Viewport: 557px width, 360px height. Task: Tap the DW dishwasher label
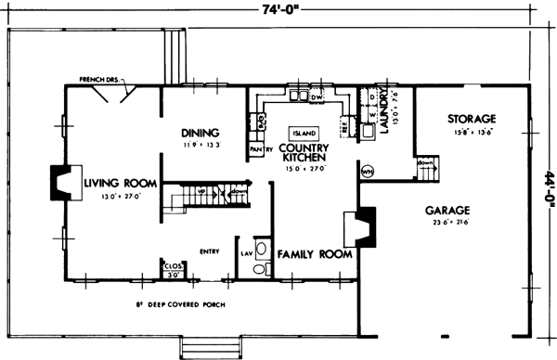315,96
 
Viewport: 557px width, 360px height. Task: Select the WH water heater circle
366,171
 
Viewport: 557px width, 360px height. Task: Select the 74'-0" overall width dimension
279,10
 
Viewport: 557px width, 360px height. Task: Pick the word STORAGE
471,119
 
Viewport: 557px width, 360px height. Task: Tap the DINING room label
200,132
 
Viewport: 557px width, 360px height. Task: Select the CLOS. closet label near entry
173,264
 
